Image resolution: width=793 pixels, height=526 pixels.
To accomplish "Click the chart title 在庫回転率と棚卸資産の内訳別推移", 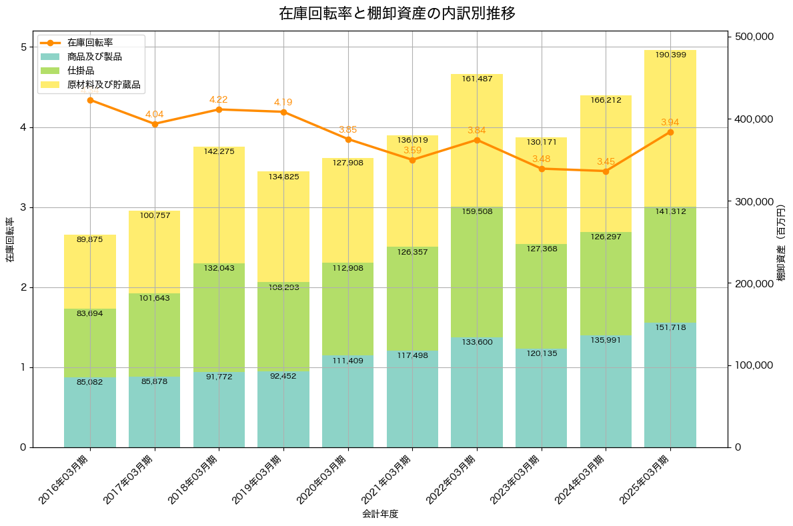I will [x=397, y=13].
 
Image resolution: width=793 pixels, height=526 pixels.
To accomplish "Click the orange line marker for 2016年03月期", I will [x=90, y=100].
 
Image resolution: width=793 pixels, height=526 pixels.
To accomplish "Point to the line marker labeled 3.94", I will [x=670, y=132].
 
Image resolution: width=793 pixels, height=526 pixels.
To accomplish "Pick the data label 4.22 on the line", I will [x=219, y=99].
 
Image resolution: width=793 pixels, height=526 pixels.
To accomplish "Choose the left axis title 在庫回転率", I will [x=9, y=241].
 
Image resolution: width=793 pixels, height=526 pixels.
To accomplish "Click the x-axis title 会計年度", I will [x=380, y=514].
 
